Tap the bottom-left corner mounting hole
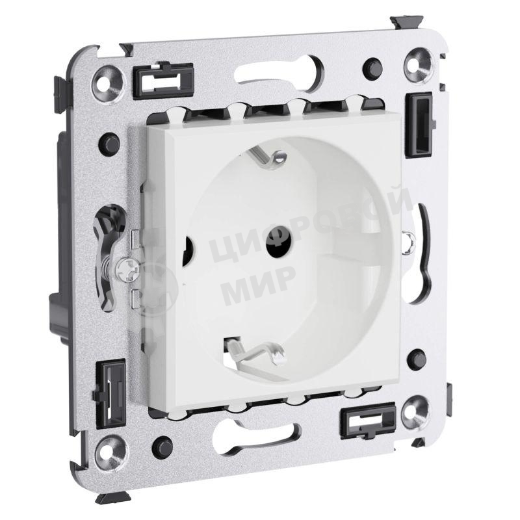click(111, 452)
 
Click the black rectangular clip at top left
click(163, 80)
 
